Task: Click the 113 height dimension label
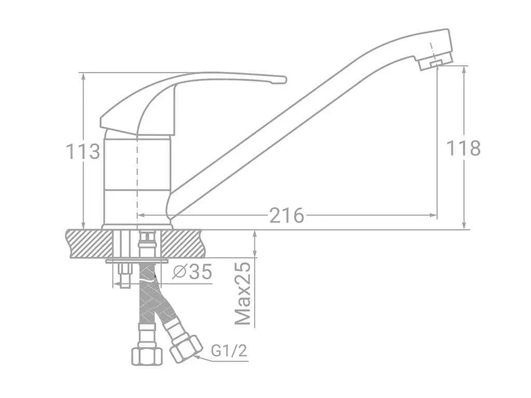tap(83, 151)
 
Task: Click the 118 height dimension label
tap(464, 148)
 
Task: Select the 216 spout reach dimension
tap(287, 215)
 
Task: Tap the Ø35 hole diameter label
tap(192, 271)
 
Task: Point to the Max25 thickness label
tap(244, 293)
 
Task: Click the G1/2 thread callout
tap(229, 351)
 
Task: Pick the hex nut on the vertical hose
tap(147, 356)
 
